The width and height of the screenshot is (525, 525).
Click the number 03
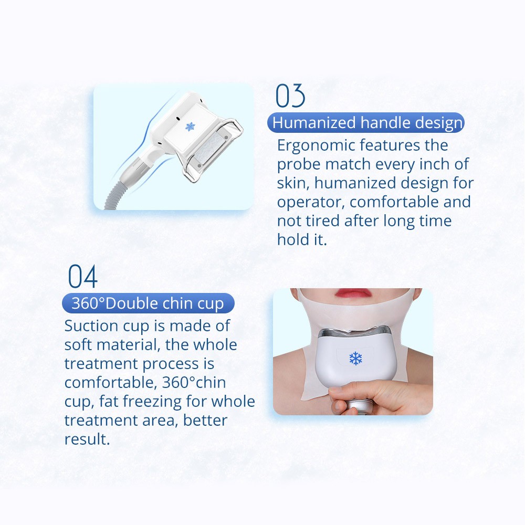tap(290, 97)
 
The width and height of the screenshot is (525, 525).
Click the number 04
tap(83, 277)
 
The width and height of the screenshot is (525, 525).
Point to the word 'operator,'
tap(311, 202)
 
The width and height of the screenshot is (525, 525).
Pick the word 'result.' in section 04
tap(87, 439)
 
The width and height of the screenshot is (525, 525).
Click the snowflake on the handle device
tap(190, 127)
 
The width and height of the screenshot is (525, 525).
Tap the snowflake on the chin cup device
tap(356, 359)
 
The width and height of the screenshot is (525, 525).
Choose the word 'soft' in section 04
tap(79, 345)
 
